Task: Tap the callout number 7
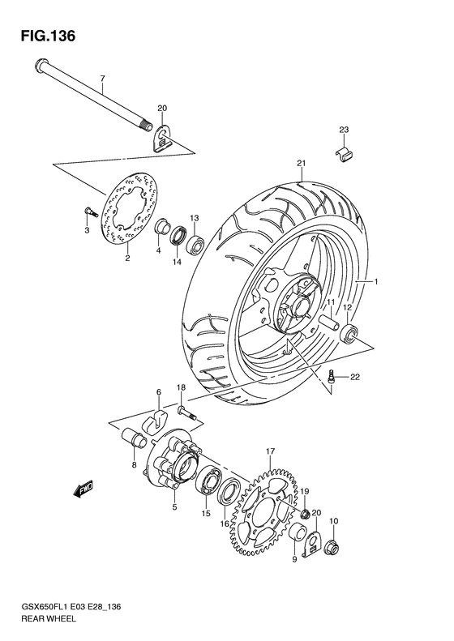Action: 103,79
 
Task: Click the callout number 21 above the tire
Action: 301,165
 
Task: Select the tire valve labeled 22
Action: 332,375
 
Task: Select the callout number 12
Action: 345,307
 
